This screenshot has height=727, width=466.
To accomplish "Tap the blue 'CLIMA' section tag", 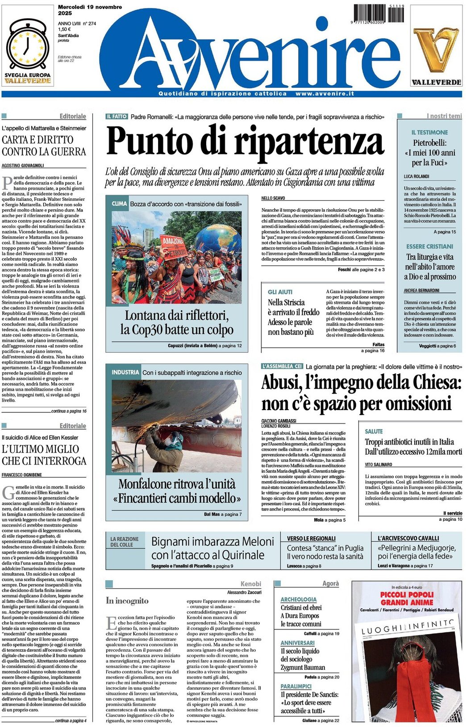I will (x=119, y=204).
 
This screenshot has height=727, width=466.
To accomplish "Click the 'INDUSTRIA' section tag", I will (x=125, y=372).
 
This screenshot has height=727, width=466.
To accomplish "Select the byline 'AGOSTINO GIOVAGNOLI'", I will (x=23, y=165).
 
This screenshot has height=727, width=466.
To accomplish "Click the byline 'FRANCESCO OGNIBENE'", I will (x=22, y=475).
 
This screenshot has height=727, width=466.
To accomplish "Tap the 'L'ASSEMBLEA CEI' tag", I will (x=282, y=366).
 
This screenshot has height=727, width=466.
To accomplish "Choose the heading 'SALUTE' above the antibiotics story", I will (x=374, y=432).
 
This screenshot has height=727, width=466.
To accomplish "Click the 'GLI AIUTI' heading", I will (x=280, y=292).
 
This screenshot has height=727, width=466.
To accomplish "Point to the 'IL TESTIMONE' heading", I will (x=429, y=133).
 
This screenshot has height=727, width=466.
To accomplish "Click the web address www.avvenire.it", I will (x=325, y=94).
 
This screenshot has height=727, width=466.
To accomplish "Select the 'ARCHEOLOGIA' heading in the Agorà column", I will (x=299, y=599).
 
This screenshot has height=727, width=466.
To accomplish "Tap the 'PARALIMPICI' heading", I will (x=296, y=686).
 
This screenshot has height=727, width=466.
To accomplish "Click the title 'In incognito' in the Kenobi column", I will (x=127, y=601).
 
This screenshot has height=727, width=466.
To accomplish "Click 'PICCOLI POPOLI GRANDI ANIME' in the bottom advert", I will (x=407, y=598).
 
